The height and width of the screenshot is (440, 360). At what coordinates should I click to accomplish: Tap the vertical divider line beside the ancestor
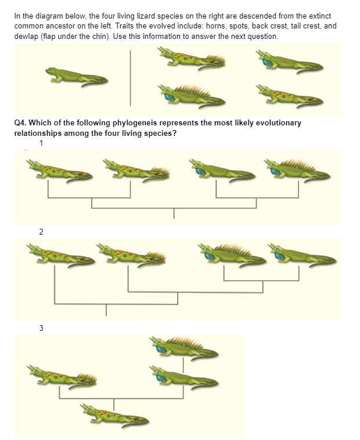131,78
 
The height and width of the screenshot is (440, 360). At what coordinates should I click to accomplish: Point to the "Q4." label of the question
20,123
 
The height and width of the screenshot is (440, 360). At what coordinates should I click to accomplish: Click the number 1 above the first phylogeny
41,143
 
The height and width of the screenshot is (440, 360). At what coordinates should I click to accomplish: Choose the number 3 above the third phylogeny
41,328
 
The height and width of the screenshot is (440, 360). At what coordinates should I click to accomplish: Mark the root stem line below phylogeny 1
174,213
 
